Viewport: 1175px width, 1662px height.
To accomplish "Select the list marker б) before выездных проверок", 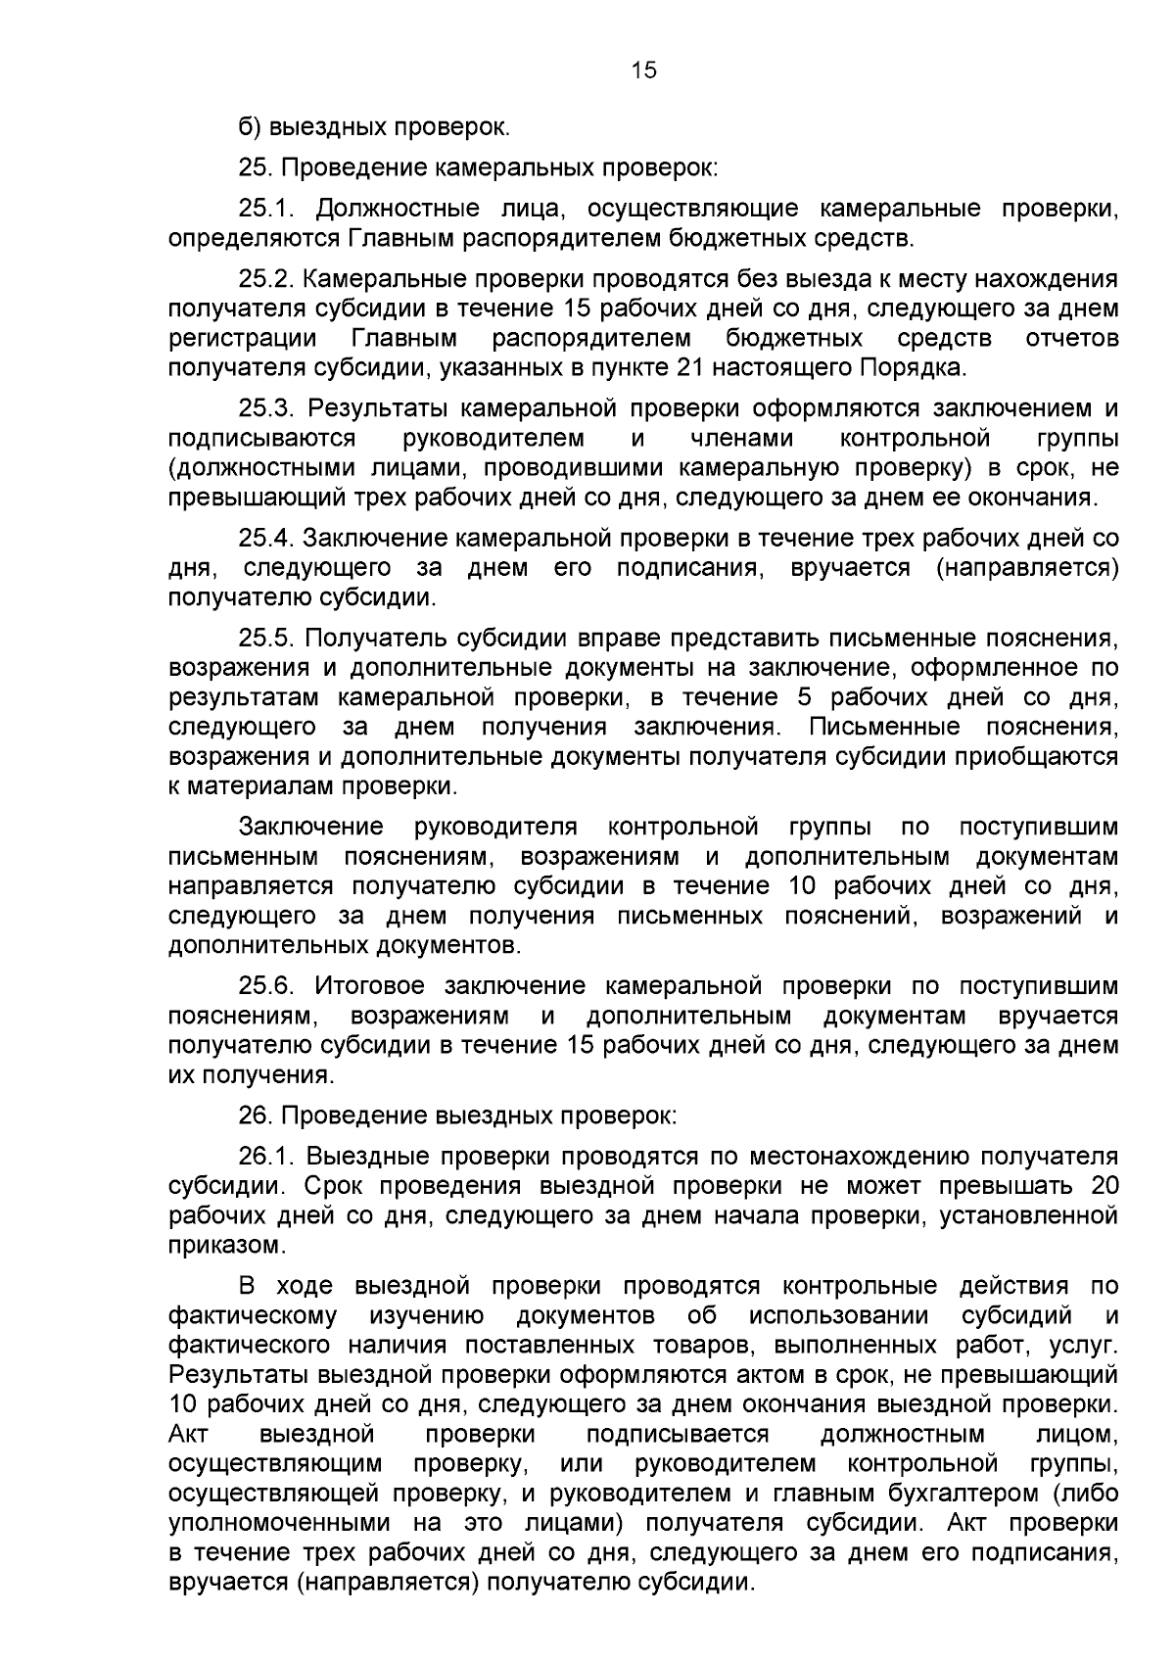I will pos(250,127).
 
